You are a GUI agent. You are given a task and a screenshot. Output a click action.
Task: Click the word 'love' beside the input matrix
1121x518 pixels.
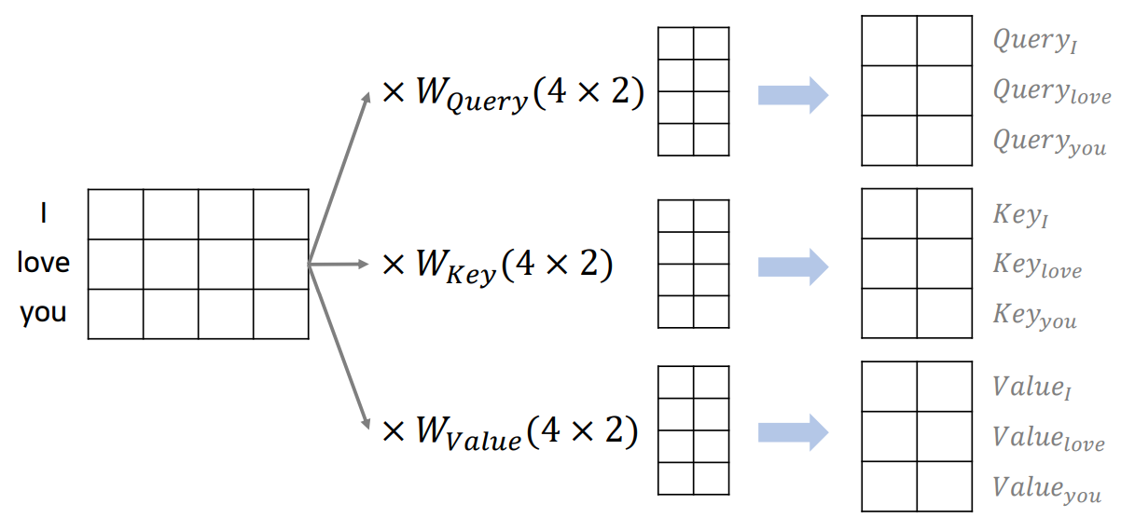coord(44,264)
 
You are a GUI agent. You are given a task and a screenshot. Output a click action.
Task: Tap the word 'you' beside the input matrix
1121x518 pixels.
coord(44,313)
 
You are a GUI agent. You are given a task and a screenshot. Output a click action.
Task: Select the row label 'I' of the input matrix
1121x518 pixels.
coord(44,214)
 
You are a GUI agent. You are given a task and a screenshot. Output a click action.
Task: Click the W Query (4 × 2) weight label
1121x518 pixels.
coord(513,96)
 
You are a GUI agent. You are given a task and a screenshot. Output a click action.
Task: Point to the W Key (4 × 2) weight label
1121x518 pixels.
coord(497,266)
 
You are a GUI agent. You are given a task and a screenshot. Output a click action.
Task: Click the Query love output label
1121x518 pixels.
coord(1051,92)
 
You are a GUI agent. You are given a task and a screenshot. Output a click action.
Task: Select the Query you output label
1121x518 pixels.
coord(1049,143)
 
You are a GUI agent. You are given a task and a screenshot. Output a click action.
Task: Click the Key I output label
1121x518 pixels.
coord(1021,216)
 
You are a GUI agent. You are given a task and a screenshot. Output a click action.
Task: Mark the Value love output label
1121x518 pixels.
coord(1048,438)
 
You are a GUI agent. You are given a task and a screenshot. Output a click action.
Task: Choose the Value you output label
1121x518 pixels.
coord(1046,488)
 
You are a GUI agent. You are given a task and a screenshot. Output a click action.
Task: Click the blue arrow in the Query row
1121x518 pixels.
coord(793,94)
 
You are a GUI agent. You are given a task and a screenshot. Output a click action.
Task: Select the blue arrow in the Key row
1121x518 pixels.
coord(793,266)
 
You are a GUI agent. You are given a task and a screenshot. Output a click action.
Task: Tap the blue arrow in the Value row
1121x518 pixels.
coord(793,431)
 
